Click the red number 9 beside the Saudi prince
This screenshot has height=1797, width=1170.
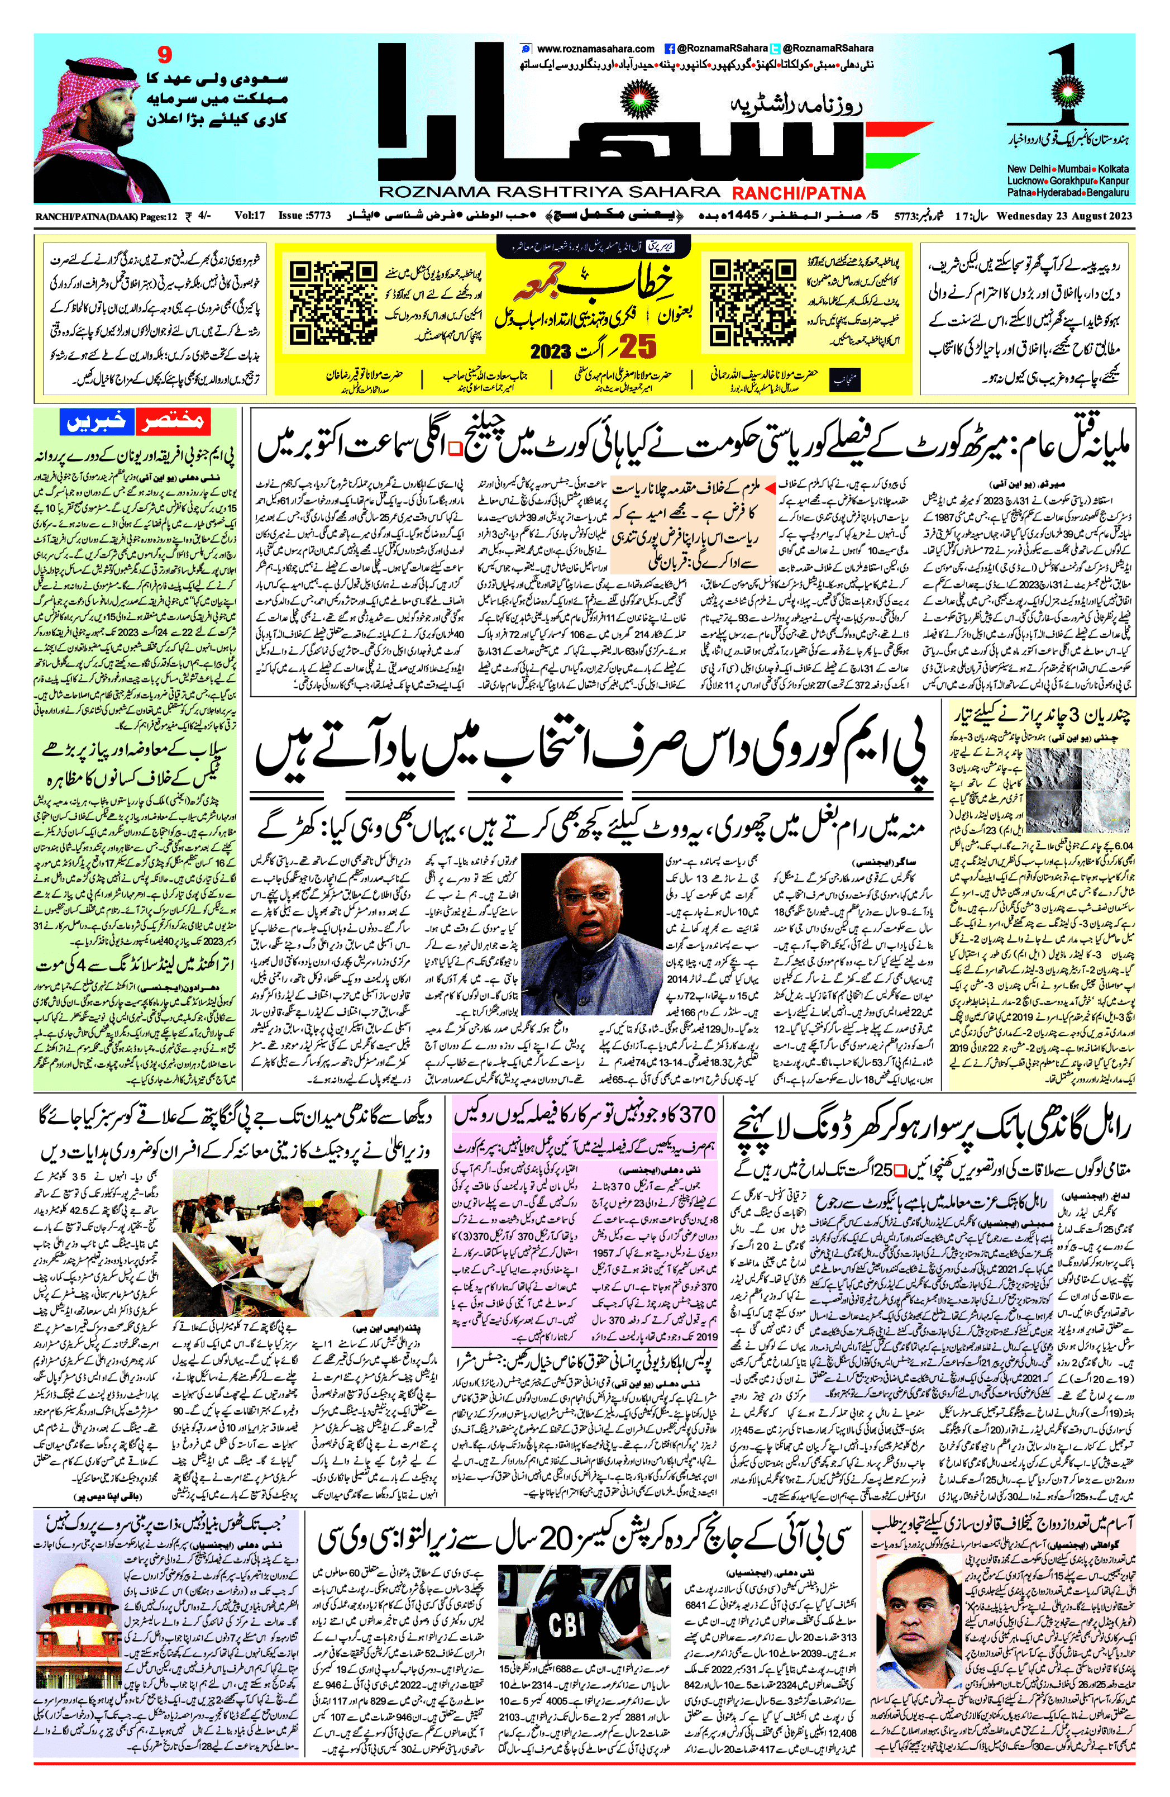[165, 54]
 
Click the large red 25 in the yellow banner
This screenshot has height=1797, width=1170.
[638, 348]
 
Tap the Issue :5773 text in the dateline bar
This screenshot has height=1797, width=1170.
[305, 216]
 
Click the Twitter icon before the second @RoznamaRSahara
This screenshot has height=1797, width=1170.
[775, 48]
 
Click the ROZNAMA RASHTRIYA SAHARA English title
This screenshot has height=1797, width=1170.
[549, 193]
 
